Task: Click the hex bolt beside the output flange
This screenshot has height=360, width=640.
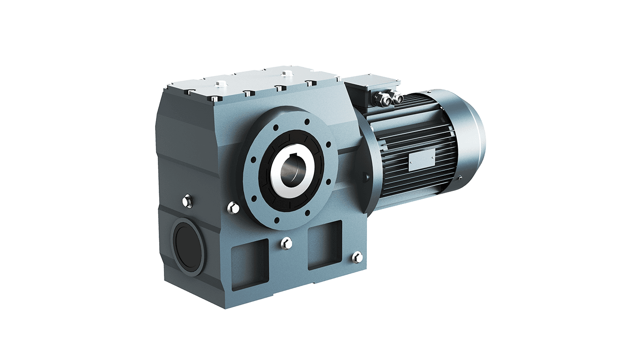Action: pos(232,206)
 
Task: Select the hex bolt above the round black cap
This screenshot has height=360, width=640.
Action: pos(187,201)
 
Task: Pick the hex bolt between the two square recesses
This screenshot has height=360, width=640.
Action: pos(286,242)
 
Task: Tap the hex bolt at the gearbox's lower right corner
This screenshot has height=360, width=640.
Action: pos(357,257)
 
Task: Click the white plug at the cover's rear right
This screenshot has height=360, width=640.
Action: pos(287,73)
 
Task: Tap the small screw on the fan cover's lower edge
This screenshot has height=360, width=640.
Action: pos(461,177)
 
